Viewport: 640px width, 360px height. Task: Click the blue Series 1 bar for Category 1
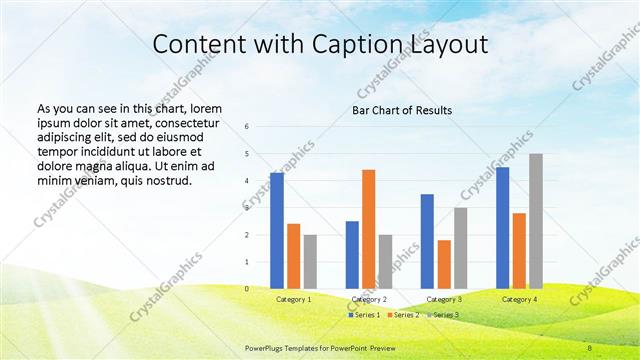(x=276, y=231)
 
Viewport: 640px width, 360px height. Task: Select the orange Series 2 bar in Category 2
(x=368, y=229)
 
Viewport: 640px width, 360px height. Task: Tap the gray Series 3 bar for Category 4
(x=536, y=221)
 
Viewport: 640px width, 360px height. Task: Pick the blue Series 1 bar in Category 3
(x=427, y=241)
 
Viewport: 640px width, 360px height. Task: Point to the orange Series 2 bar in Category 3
(x=444, y=264)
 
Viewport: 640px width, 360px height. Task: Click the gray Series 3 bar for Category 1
(x=310, y=262)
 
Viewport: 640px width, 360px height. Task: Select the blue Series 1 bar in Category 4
(x=502, y=228)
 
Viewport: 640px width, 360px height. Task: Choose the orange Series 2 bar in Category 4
(x=519, y=251)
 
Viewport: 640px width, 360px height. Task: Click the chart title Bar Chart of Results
(x=401, y=109)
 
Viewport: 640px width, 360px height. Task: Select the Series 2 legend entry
(x=403, y=315)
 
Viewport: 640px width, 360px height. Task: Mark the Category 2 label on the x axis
(x=368, y=299)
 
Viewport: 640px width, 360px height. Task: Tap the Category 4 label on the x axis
(x=519, y=299)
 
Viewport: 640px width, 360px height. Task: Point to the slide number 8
(x=590, y=348)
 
